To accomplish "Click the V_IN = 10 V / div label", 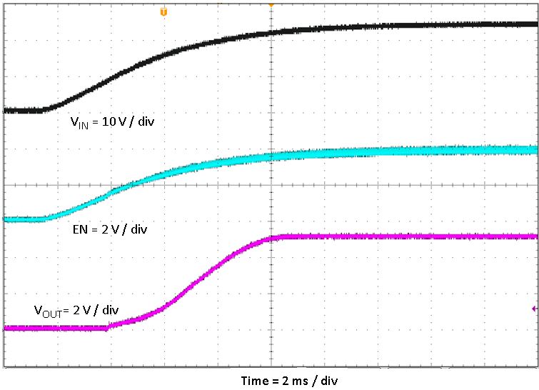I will pyautogui.click(x=112, y=122).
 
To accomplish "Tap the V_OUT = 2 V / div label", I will pyautogui.click(x=76, y=311).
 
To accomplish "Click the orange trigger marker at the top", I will pyautogui.click(x=164, y=12).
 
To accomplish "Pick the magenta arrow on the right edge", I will pyautogui.click(x=534, y=309).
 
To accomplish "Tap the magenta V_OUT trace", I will pyautogui.click(x=400, y=236).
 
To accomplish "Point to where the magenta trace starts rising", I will pyautogui.click(x=109, y=327).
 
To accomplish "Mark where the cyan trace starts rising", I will pyautogui.click(x=44, y=219).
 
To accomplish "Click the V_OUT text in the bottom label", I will pyautogui.click(x=46, y=311).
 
